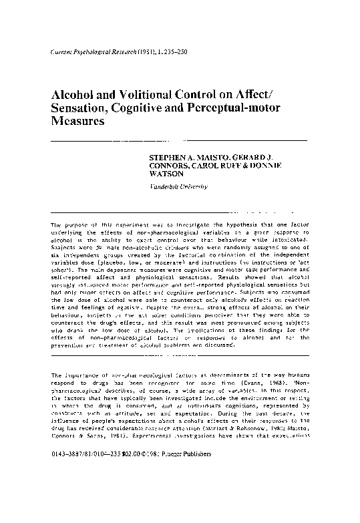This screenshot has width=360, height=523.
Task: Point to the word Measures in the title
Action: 78,124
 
